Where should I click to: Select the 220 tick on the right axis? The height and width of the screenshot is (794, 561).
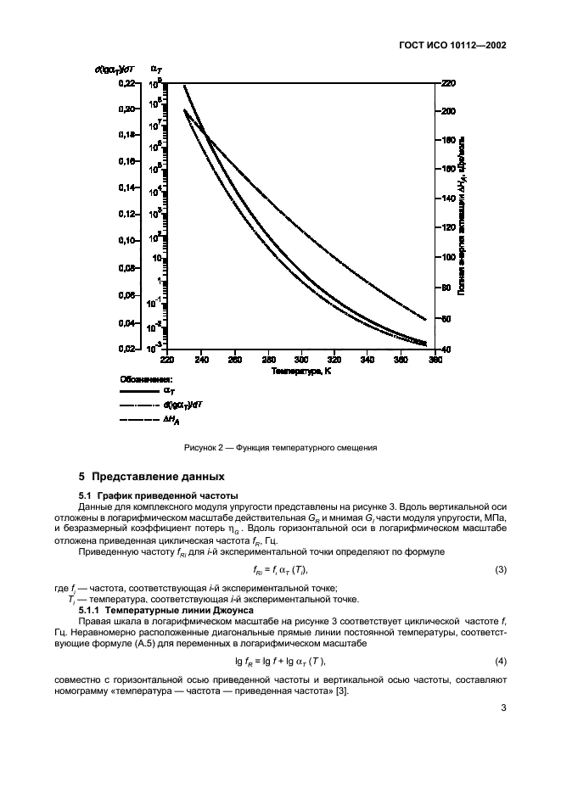(x=447, y=82)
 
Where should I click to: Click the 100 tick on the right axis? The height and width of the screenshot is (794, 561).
(x=447, y=258)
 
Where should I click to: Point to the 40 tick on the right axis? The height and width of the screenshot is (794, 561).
(x=446, y=349)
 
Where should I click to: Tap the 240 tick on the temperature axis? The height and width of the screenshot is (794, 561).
(x=201, y=360)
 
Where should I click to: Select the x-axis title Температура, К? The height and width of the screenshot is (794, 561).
(x=301, y=371)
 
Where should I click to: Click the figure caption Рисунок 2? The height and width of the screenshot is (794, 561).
(x=279, y=447)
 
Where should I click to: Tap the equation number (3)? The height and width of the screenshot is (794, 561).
(x=500, y=568)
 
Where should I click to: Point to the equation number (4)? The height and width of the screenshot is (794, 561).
(x=500, y=661)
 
